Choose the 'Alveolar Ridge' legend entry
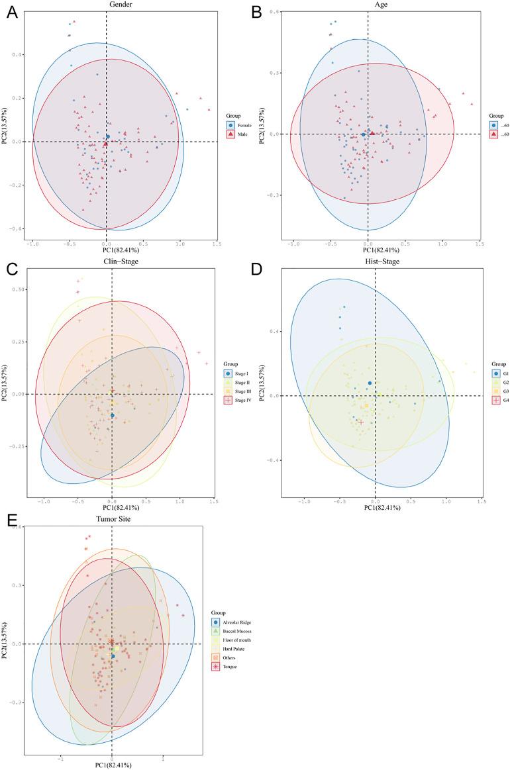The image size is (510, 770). (231, 622)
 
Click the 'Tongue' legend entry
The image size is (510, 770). (226, 667)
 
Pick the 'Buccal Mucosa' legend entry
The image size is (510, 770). (231, 632)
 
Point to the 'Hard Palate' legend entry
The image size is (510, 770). (229, 649)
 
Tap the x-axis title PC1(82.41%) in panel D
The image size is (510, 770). (375, 508)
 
